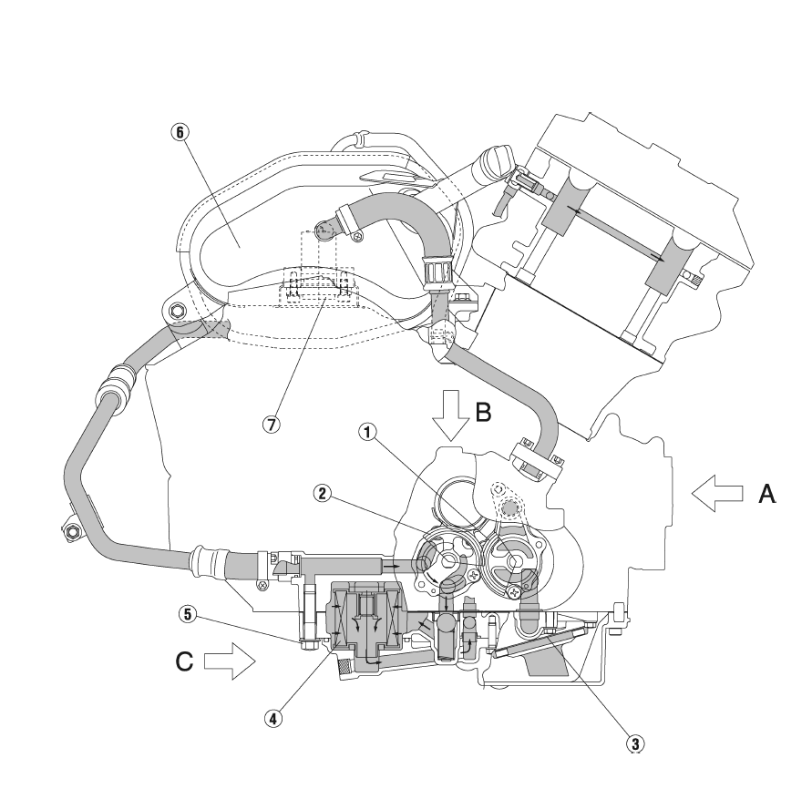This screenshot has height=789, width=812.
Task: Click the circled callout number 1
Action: pyautogui.click(x=367, y=432)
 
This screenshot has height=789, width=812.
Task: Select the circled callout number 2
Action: pyautogui.click(x=322, y=494)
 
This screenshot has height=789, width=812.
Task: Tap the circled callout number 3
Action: pyautogui.click(x=635, y=744)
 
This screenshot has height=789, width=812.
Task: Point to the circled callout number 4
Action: pyautogui.click(x=273, y=719)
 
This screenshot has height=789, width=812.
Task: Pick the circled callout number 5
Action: pyautogui.click(x=188, y=615)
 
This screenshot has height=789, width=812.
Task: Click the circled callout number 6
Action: pyautogui.click(x=180, y=132)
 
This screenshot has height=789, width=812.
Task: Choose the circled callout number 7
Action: pyautogui.click(x=271, y=425)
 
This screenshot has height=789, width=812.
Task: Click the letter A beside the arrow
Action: pyautogui.click(x=767, y=494)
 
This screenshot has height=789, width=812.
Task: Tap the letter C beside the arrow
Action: pyautogui.click(x=184, y=661)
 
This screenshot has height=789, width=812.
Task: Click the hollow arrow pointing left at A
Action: pyautogui.click(x=717, y=494)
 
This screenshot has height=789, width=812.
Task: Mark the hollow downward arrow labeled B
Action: pyautogui.click(x=451, y=415)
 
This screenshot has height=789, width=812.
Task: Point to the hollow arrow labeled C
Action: pyautogui.click(x=230, y=661)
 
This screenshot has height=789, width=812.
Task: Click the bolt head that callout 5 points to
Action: pyautogui.click(x=306, y=644)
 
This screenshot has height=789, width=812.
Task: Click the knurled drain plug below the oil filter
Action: pyautogui.click(x=344, y=669)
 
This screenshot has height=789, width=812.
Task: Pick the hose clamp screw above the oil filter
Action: pyautogui.click(x=263, y=585)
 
